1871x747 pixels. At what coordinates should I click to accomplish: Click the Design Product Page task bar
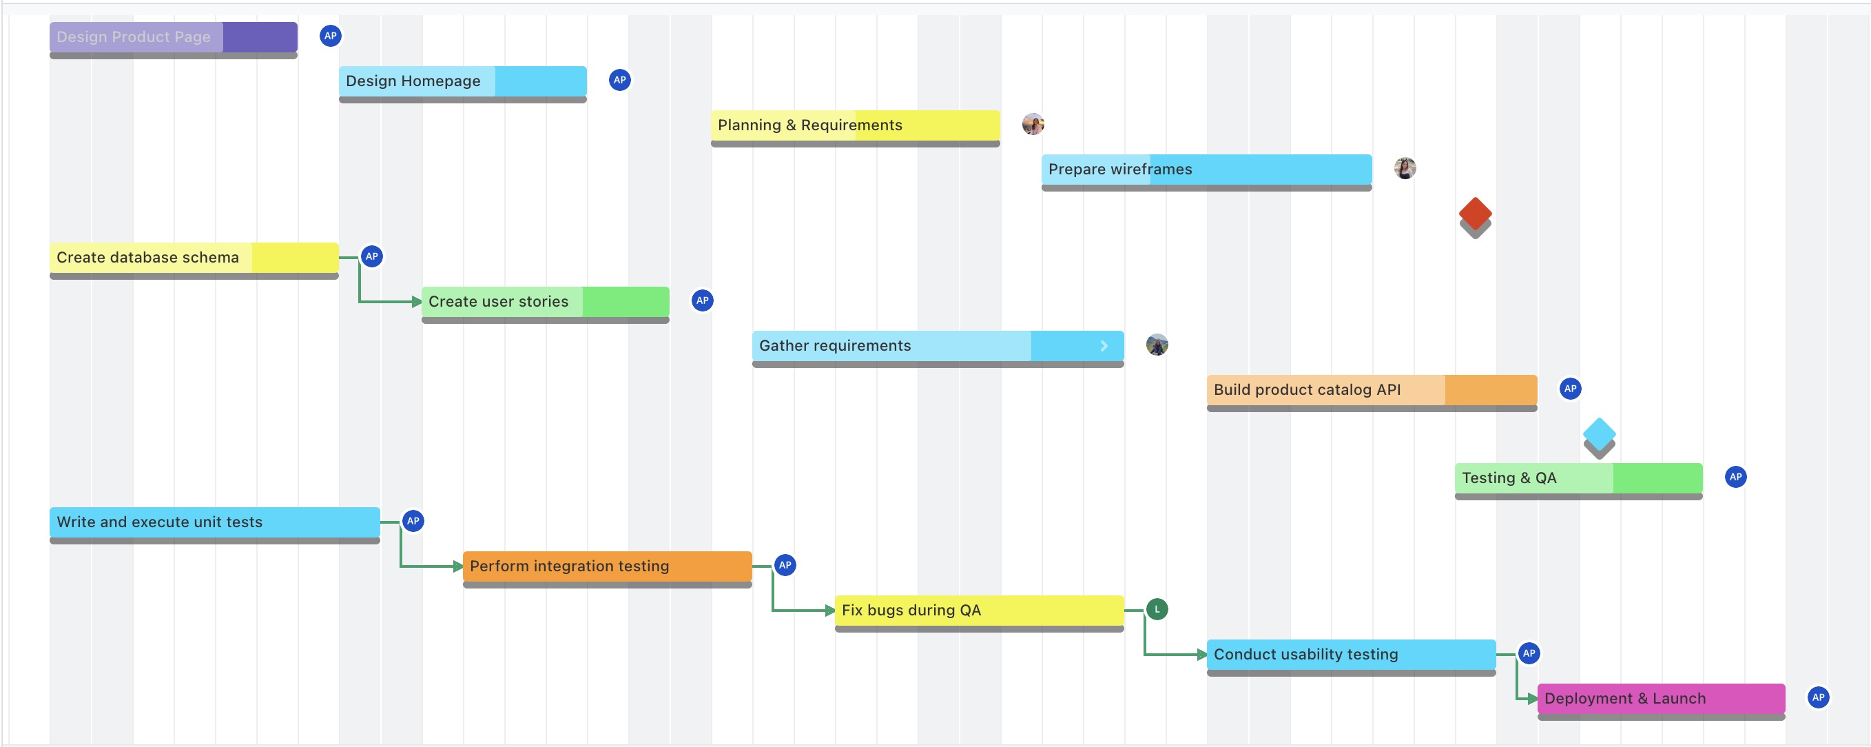pyautogui.click(x=173, y=37)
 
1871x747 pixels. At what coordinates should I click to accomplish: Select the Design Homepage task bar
pyautogui.click(x=462, y=81)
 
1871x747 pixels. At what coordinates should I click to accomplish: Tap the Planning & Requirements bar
pyautogui.click(x=855, y=125)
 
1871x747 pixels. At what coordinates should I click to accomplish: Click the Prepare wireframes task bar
pyautogui.click(x=1206, y=170)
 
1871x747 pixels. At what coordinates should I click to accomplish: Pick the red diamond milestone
pyautogui.click(x=1474, y=214)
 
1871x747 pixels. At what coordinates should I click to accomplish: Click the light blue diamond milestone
pyautogui.click(x=1599, y=434)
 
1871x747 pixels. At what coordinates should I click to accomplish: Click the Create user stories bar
pyautogui.click(x=545, y=302)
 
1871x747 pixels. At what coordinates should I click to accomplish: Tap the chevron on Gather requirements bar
pyautogui.click(x=1104, y=346)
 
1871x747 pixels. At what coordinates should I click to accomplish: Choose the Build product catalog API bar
pyautogui.click(x=1372, y=390)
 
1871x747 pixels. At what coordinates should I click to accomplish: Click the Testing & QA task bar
pyautogui.click(x=1578, y=478)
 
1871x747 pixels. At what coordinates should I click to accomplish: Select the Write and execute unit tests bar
pyautogui.click(x=214, y=522)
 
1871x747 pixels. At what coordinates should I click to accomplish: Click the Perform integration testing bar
pyautogui.click(x=606, y=566)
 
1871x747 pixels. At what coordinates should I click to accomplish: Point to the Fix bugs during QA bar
pyautogui.click(x=978, y=611)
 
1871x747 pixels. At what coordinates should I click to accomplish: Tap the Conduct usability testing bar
pyautogui.click(x=1350, y=655)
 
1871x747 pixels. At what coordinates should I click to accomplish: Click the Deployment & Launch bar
pyautogui.click(x=1660, y=699)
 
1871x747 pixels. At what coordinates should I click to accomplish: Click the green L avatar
pyautogui.click(x=1157, y=609)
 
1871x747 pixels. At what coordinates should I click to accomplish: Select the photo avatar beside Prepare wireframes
pyautogui.click(x=1405, y=169)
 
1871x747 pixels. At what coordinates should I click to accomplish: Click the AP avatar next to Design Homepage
pyautogui.click(x=619, y=80)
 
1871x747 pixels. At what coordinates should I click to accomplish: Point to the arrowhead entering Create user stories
pyautogui.click(x=417, y=302)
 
